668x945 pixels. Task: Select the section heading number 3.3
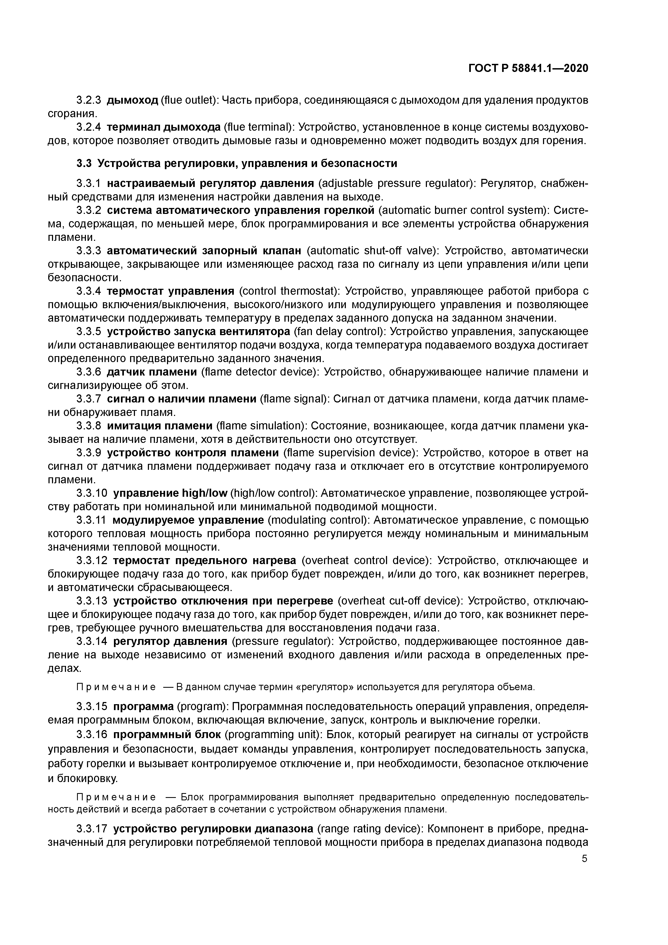coord(84,164)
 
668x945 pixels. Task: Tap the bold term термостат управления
coord(171,291)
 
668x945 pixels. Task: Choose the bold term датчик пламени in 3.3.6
coord(152,372)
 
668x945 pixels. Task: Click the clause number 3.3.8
coord(89,426)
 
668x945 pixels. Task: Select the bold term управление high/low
coord(170,493)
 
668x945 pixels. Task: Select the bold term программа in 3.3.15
coord(144,707)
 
